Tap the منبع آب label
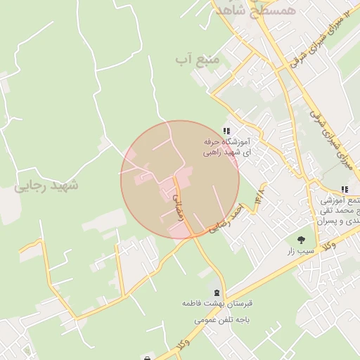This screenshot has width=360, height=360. coord(198,60)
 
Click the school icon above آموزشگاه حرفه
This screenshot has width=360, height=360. coord(226,131)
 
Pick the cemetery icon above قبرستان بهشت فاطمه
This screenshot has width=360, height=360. coord(217,292)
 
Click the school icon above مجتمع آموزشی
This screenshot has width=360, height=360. coord(344,189)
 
